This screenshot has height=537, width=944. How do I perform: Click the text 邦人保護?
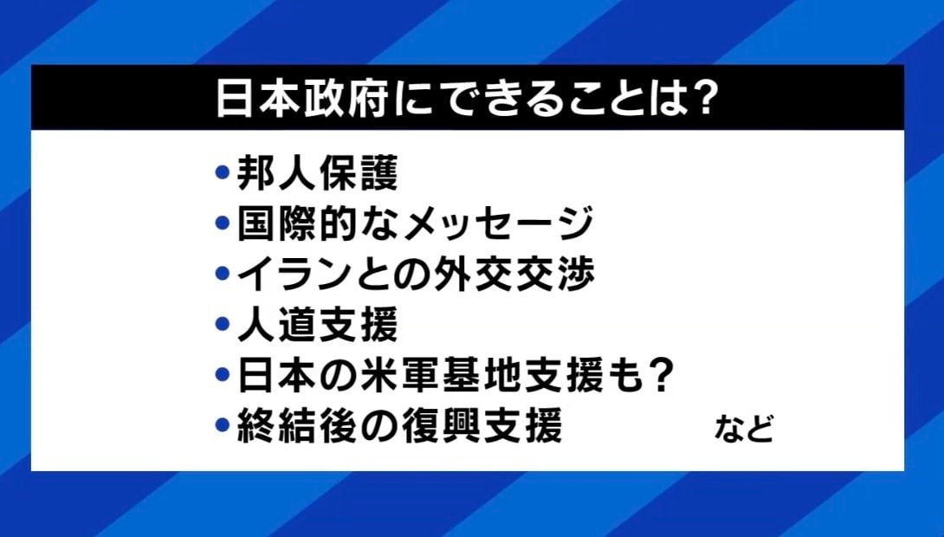coord(318,174)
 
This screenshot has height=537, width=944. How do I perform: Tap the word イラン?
coord(292,275)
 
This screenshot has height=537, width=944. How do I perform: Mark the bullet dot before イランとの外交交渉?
coord(223,275)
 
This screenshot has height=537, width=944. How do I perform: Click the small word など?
coord(743,429)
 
